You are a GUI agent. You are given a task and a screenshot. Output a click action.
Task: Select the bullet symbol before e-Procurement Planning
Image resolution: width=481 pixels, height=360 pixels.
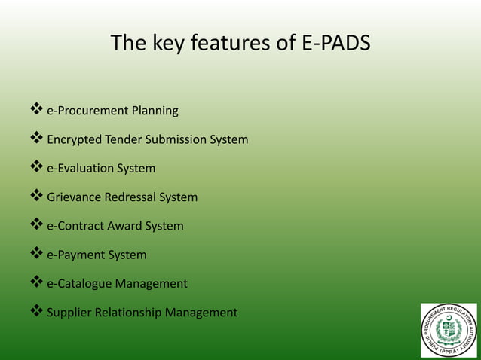35,111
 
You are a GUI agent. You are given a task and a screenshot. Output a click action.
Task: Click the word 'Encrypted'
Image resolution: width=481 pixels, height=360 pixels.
75,140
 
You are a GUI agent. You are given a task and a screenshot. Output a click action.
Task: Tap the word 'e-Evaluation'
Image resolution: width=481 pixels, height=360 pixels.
81,169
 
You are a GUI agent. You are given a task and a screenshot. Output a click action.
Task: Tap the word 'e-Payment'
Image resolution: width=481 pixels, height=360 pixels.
75,255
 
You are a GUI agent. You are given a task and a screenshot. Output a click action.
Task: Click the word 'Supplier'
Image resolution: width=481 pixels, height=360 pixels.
69,313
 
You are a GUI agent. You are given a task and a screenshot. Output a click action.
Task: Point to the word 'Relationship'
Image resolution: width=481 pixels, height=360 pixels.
129,313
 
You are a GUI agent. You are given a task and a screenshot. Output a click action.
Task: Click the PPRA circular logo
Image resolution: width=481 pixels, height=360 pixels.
449,330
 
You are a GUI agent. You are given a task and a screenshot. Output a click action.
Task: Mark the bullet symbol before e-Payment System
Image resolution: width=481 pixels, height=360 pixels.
35,255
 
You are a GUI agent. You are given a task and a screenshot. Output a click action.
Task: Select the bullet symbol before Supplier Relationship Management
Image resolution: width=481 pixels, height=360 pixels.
35,312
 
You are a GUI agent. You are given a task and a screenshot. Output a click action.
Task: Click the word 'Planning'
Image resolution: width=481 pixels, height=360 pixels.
155,111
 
